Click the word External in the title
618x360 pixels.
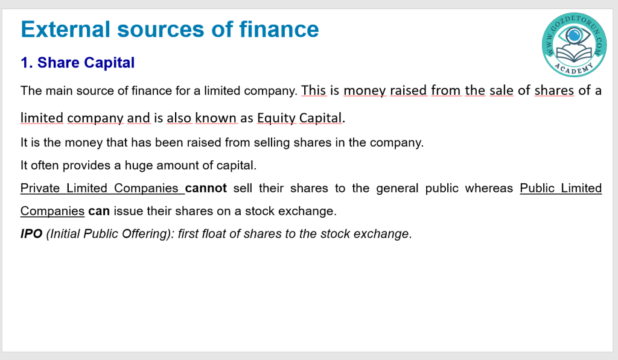tap(65, 30)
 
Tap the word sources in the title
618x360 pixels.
tap(161, 30)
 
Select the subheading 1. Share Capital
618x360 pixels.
tap(78, 63)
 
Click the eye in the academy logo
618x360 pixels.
tap(574, 36)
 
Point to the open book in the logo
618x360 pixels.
tap(574, 54)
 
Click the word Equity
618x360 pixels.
tap(276, 118)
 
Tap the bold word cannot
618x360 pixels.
tap(206, 188)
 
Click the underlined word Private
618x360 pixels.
tap(40, 188)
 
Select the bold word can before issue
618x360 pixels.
tap(99, 212)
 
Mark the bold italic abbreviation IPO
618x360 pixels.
tap(31, 234)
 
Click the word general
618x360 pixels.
tap(397, 189)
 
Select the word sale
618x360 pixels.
tap(502, 90)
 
